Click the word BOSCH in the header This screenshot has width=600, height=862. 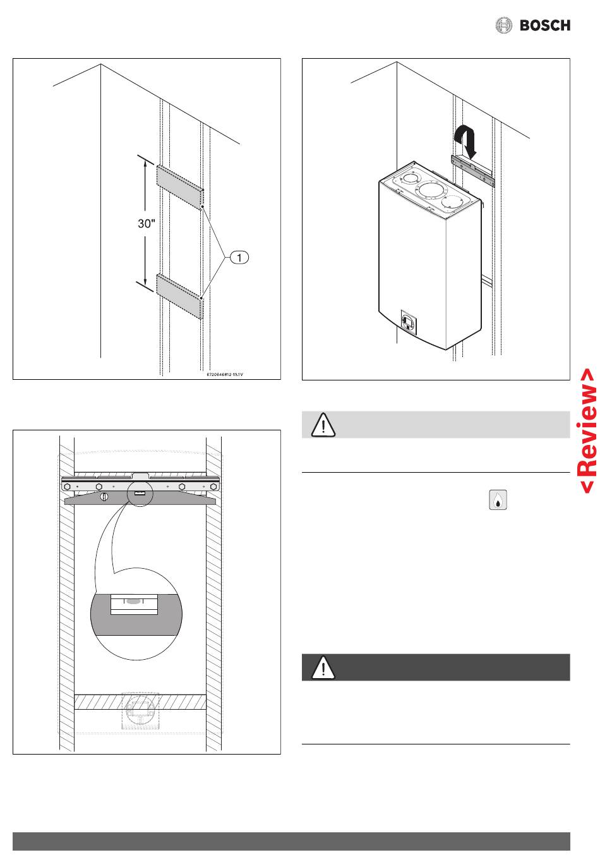click(x=544, y=25)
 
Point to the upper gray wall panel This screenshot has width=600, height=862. click(x=179, y=186)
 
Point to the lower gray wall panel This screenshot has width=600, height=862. click(x=179, y=296)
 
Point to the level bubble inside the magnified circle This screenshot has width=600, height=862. click(x=133, y=602)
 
